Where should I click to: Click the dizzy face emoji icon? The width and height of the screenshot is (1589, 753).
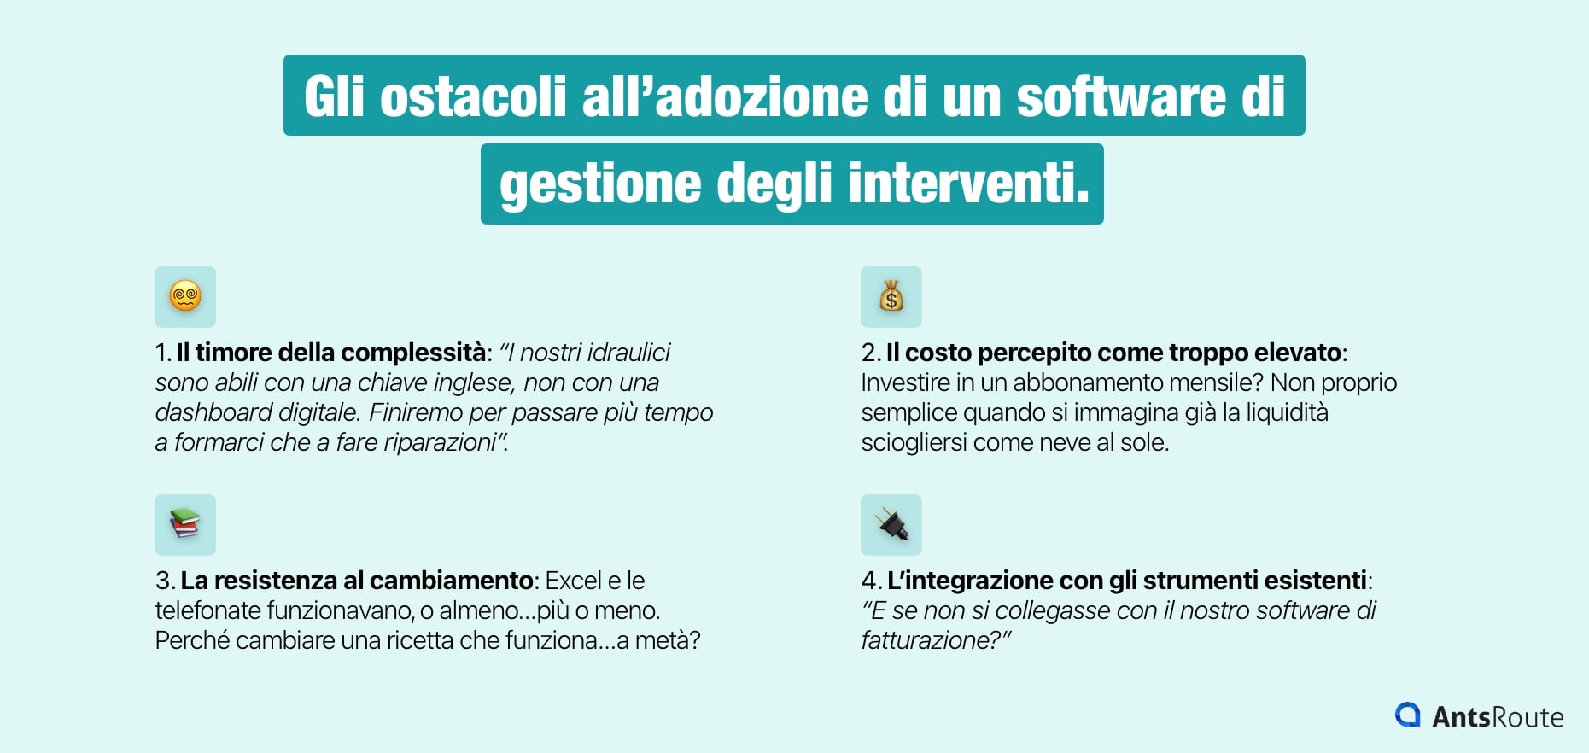coord(185,297)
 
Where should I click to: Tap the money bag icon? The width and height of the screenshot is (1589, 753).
coord(891,297)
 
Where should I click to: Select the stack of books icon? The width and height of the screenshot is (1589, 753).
coord(185,524)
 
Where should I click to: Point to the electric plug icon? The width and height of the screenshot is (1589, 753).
coord(891,524)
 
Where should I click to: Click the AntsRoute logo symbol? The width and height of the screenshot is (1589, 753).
coord(1407,715)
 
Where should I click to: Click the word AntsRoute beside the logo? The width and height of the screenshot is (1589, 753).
coord(1498,717)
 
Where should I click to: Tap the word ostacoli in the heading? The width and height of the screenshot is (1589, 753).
coord(472,96)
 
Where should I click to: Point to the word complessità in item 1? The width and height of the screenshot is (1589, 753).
coord(414,353)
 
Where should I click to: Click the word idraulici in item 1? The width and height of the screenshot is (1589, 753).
coord(628,353)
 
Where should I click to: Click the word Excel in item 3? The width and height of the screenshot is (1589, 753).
coord(574,581)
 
